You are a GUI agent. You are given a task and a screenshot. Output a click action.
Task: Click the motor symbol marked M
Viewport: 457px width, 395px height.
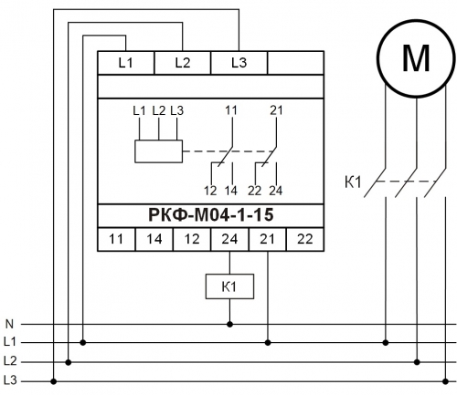pyautogui.click(x=417, y=58)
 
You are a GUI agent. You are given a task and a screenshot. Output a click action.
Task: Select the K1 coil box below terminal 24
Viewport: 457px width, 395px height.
pyautogui.click(x=229, y=286)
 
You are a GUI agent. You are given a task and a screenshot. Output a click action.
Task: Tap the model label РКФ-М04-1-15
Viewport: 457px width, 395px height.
pyautogui.click(x=211, y=214)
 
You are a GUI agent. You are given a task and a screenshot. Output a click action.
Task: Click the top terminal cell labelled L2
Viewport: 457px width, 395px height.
pyautogui.click(x=183, y=63)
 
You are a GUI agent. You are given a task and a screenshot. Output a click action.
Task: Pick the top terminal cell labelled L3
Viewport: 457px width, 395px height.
pyautogui.click(x=239, y=63)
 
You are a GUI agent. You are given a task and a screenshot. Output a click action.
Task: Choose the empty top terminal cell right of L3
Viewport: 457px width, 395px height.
pyautogui.click(x=295, y=63)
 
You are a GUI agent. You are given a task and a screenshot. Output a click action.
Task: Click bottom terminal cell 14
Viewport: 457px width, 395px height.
pyautogui.click(x=154, y=239)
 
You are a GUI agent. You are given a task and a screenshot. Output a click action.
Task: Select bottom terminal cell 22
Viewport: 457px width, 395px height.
pyautogui.click(x=305, y=239)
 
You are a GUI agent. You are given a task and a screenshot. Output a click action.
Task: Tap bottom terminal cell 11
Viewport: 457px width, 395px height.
pyautogui.click(x=116, y=239)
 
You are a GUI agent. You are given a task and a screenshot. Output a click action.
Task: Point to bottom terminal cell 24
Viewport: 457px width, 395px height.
pyautogui.click(x=229, y=239)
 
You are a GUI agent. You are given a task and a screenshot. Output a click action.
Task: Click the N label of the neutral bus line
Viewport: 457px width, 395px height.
pyautogui.click(x=9, y=324)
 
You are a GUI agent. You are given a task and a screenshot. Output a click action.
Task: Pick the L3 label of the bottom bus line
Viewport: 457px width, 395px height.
pyautogui.click(x=10, y=380)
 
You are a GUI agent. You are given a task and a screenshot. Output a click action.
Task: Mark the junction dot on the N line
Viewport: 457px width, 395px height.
pyautogui.click(x=229, y=325)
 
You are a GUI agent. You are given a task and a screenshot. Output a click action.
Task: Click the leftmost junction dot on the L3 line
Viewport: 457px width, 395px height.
pyautogui.click(x=54, y=381)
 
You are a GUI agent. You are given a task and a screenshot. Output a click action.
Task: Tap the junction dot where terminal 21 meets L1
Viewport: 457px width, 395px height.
pyautogui.click(x=268, y=343)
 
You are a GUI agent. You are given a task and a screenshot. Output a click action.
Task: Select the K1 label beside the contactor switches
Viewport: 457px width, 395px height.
pyautogui.click(x=353, y=182)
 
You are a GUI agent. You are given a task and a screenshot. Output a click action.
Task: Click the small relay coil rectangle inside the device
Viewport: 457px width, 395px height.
pyautogui.click(x=159, y=151)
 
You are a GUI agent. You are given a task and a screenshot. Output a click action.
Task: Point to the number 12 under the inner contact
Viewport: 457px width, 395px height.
pyautogui.click(x=210, y=191)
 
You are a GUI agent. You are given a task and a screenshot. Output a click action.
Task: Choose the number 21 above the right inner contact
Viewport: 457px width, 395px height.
pyautogui.click(x=276, y=110)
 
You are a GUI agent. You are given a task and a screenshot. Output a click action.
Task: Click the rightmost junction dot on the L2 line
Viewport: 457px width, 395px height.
pyautogui.click(x=417, y=362)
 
